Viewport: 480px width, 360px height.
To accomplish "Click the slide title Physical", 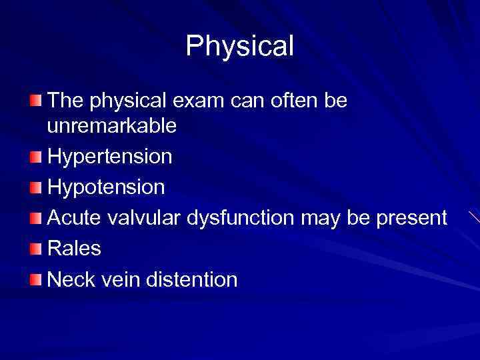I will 239,46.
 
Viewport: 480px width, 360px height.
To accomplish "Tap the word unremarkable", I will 112,125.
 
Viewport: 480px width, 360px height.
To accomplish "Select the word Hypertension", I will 110,157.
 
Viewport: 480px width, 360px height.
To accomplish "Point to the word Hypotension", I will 106,187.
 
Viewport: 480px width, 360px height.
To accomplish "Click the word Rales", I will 74,249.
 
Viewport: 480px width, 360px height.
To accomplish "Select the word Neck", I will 71,279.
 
